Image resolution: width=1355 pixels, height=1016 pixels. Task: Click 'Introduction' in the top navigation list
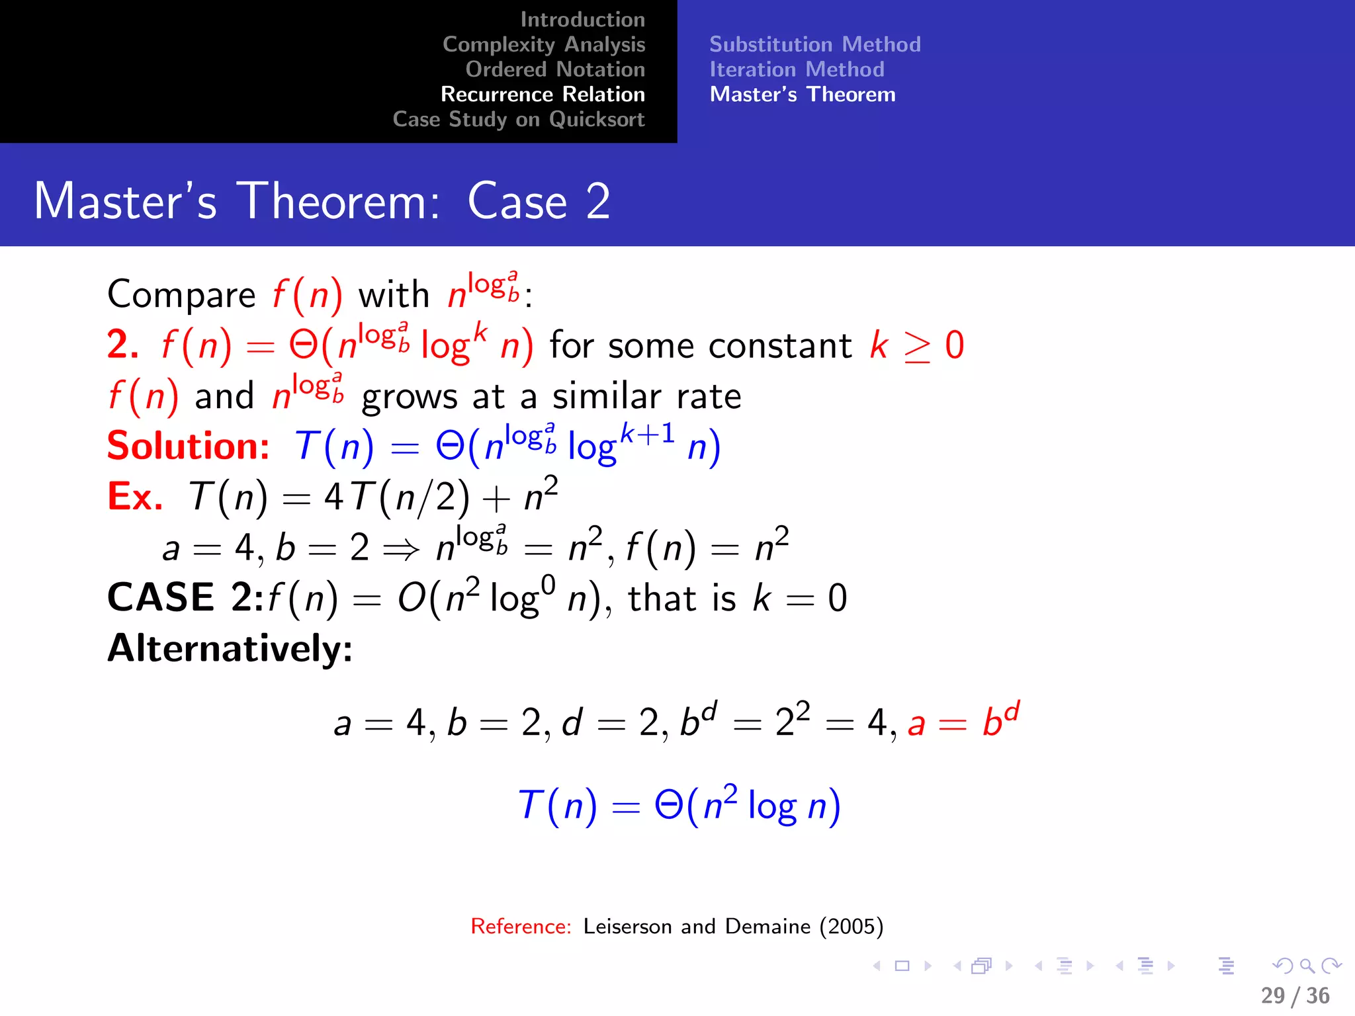[582, 20]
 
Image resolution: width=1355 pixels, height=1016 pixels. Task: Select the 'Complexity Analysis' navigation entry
[543, 44]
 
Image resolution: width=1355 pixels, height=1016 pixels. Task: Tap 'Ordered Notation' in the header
[554, 69]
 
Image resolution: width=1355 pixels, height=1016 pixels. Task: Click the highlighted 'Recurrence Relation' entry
[543, 95]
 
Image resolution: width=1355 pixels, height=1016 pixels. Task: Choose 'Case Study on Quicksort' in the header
[518, 120]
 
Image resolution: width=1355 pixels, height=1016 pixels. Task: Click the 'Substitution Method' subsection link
[814, 44]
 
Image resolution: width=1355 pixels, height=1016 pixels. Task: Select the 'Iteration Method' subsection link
[797, 69]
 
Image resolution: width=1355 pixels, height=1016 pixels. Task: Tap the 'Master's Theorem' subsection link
[803, 95]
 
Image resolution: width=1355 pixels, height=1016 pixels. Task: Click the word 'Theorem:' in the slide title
[338, 201]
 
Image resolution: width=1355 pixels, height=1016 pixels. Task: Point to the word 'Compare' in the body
[181, 294]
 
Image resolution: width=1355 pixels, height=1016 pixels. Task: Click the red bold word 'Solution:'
[188, 446]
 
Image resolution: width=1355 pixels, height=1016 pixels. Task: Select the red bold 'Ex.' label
[135, 497]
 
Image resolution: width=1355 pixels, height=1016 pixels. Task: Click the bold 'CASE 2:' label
[185, 597]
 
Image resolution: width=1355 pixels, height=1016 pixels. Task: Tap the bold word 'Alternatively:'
[230, 648]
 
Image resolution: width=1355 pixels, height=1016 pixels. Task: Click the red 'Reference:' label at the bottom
[521, 926]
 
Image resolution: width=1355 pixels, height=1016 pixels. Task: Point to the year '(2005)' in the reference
[852, 926]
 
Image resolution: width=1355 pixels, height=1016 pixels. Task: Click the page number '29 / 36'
[1295, 995]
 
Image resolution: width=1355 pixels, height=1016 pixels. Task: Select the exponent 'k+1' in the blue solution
[647, 434]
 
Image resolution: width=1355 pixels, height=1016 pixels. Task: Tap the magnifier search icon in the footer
[1307, 966]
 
